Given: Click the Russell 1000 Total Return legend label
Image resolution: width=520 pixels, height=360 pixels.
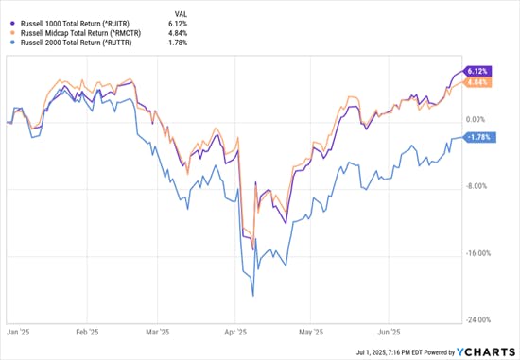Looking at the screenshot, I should (x=78, y=16).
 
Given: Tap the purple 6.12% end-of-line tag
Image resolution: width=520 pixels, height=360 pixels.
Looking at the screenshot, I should (x=477, y=71).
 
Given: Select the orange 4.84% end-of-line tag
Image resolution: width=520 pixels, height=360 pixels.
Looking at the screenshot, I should (x=477, y=82).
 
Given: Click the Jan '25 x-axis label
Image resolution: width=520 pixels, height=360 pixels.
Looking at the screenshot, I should (x=16, y=333).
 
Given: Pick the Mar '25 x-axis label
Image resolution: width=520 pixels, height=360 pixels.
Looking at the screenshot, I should (x=158, y=333).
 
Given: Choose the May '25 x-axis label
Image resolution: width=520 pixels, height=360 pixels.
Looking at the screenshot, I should (x=310, y=333).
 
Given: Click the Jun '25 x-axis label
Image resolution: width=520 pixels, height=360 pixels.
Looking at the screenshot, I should (x=389, y=333).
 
